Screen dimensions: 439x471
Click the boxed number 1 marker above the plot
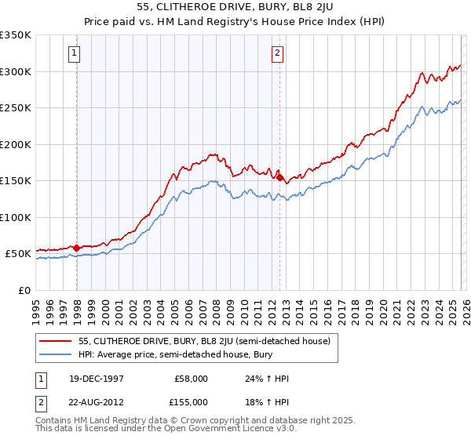coord(74,53)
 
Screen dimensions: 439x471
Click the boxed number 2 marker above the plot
coord(278,53)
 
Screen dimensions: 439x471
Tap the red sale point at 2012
coord(280,178)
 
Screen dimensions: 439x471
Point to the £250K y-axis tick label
coord(16,108)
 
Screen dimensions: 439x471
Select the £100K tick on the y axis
coord(16,218)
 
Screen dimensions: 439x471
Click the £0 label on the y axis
coord(24,291)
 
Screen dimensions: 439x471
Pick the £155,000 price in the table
coord(192,401)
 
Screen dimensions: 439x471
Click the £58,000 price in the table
coord(192,379)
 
